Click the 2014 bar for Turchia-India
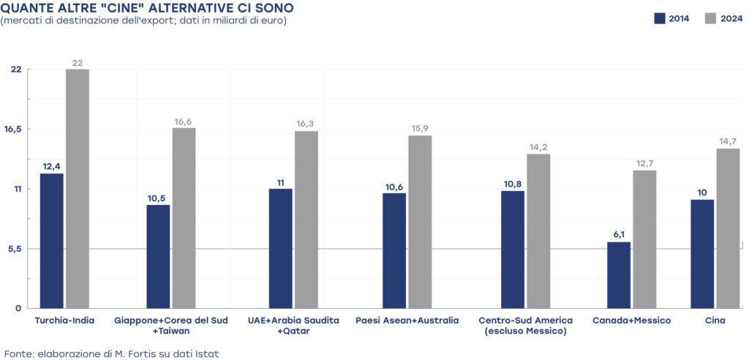(x=52, y=241)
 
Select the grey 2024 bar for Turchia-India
(x=78, y=189)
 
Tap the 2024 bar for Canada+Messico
(x=644, y=239)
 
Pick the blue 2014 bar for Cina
(x=702, y=254)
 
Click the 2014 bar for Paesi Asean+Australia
(x=394, y=250)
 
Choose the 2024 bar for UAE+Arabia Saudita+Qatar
(x=306, y=220)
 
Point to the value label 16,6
(x=184, y=121)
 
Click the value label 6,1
(x=619, y=235)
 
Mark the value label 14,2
(x=538, y=147)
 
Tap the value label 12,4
(x=52, y=166)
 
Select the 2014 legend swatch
(x=659, y=18)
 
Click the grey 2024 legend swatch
(x=710, y=18)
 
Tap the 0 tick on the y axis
(x=18, y=308)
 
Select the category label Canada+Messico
(x=632, y=320)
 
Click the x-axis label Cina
(x=715, y=320)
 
